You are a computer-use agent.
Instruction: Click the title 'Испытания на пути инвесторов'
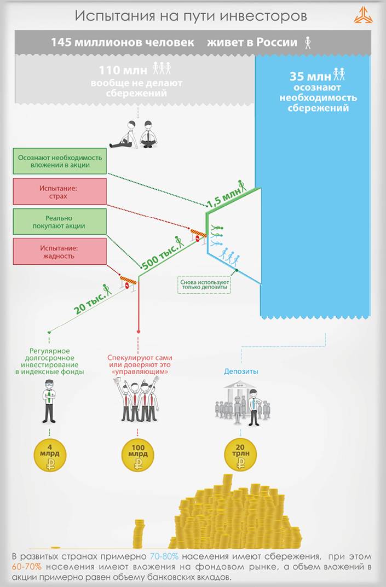coord(191,16)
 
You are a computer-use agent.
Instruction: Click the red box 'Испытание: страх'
coord(59,192)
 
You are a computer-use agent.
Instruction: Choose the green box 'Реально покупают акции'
coord(59,222)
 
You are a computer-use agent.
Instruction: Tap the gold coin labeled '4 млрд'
coord(50,456)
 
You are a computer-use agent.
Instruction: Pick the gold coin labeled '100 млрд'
coord(138,456)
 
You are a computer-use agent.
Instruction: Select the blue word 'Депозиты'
coord(241,371)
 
